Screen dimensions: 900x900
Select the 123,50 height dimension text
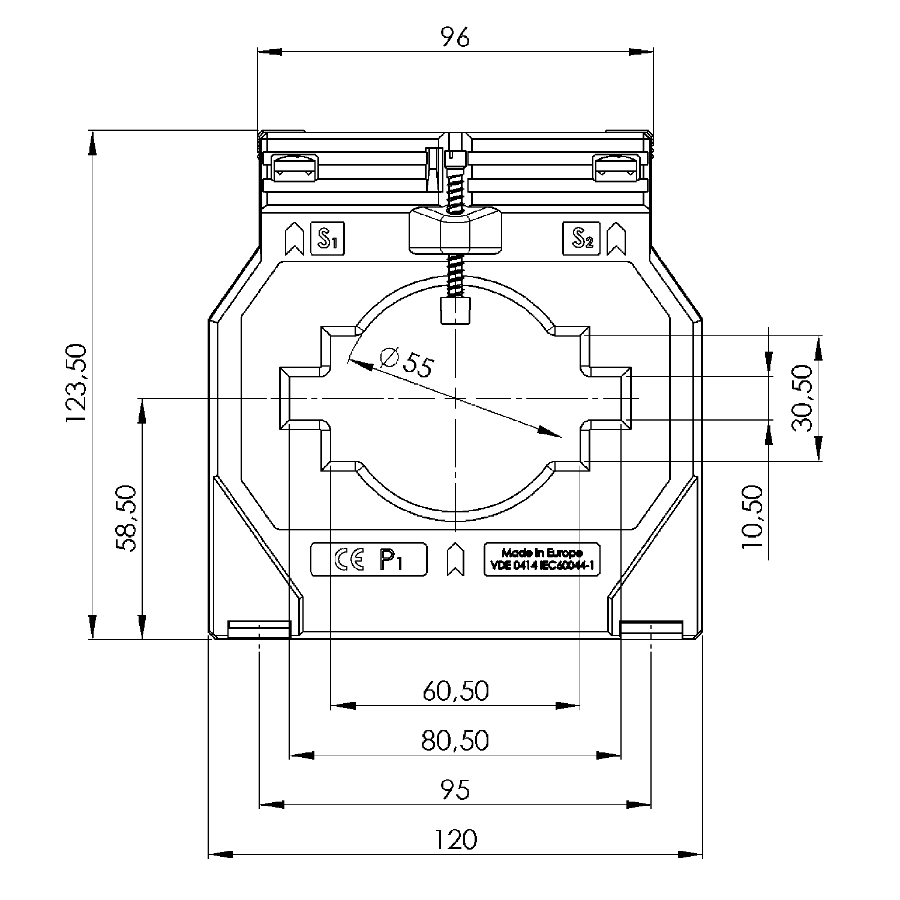(77, 384)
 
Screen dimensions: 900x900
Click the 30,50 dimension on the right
(802, 398)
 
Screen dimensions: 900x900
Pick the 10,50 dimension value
(752, 517)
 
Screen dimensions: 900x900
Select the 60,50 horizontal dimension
(455, 691)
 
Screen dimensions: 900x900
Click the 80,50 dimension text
(455, 741)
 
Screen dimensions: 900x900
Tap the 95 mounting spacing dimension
(455, 790)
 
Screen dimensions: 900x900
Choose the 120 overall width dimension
(455, 839)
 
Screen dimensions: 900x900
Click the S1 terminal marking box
(327, 239)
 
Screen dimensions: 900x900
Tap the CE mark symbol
(348, 560)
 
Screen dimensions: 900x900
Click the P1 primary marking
(391, 560)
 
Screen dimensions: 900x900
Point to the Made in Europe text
(542, 553)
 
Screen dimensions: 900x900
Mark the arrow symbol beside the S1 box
(294, 239)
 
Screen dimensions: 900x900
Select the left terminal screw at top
(295, 167)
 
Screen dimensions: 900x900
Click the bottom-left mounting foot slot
(259, 630)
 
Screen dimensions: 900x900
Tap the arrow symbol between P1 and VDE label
(456, 559)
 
